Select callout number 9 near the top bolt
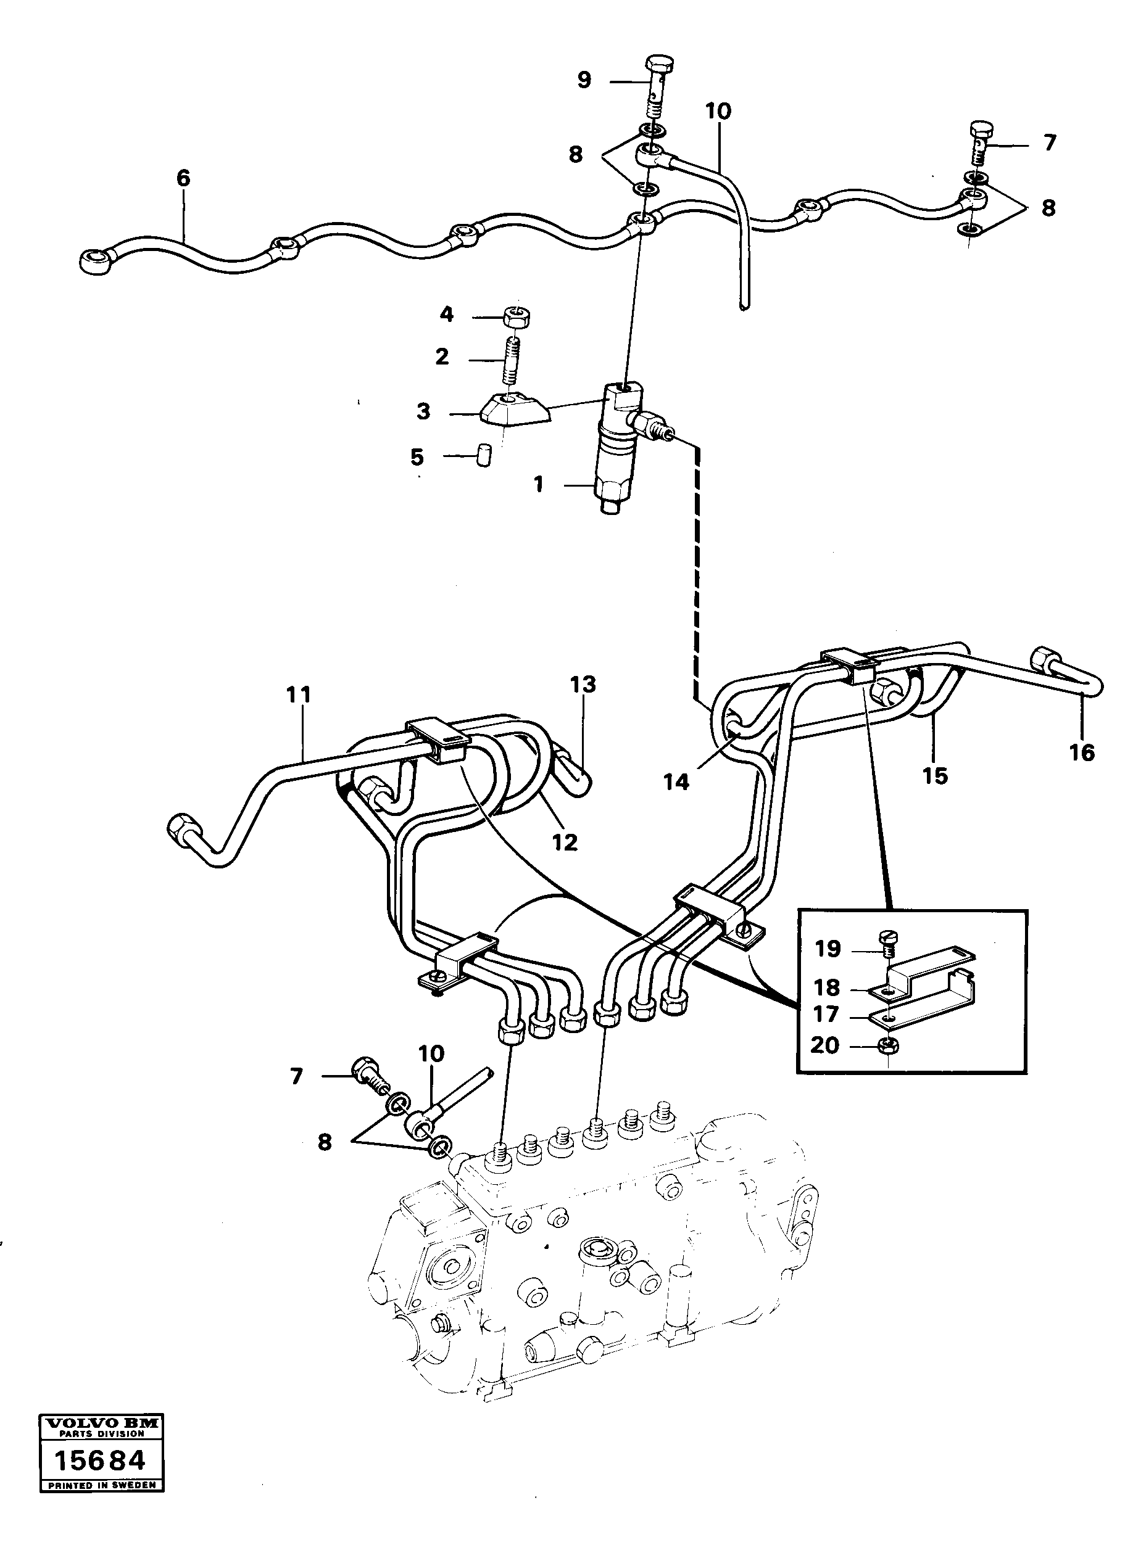click(584, 80)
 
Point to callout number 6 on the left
click(183, 179)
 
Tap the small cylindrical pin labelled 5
click(485, 455)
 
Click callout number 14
click(676, 781)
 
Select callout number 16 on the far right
click(1082, 752)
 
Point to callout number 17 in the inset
click(826, 1014)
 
